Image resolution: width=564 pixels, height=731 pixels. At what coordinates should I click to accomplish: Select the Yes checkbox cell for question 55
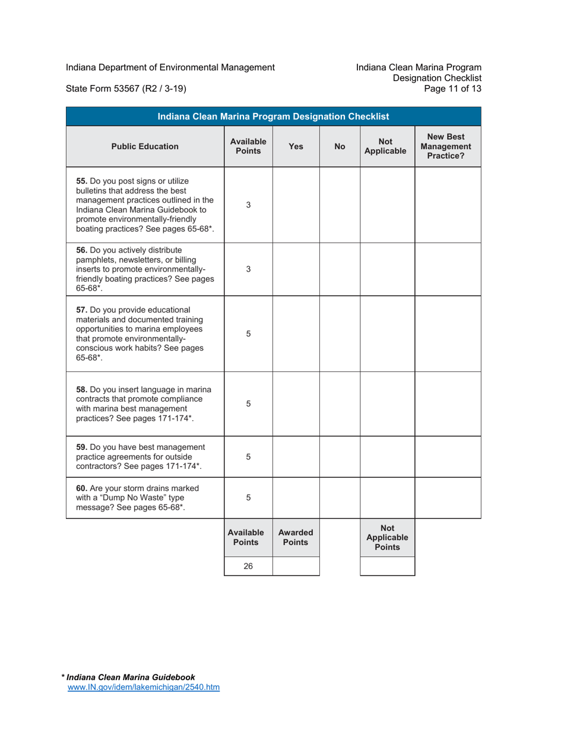click(296, 204)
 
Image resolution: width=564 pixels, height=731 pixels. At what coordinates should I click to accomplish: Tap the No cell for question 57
click(340, 333)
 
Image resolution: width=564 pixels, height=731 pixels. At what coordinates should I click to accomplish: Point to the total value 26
click(248, 566)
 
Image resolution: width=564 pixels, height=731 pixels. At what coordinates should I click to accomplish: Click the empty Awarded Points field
click(296, 566)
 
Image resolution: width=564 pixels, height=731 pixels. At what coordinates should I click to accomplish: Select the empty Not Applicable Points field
click(387, 566)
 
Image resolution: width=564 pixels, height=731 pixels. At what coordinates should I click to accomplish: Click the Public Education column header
click(145, 146)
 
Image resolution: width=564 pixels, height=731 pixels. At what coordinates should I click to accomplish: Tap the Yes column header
click(296, 146)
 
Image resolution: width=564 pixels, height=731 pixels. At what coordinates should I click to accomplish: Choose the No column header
click(340, 146)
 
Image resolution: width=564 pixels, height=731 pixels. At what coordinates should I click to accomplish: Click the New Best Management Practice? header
click(447, 146)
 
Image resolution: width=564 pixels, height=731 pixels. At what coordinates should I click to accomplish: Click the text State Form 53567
click(126, 89)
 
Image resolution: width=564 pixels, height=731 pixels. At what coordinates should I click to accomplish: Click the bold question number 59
click(83, 447)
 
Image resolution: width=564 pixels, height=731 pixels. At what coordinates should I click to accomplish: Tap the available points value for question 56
click(248, 269)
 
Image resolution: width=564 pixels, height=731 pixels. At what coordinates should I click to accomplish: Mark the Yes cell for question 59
click(296, 456)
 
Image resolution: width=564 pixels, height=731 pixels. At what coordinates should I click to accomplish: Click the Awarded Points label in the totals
click(296, 538)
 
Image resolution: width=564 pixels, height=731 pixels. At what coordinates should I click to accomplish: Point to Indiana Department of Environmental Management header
click(170, 67)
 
